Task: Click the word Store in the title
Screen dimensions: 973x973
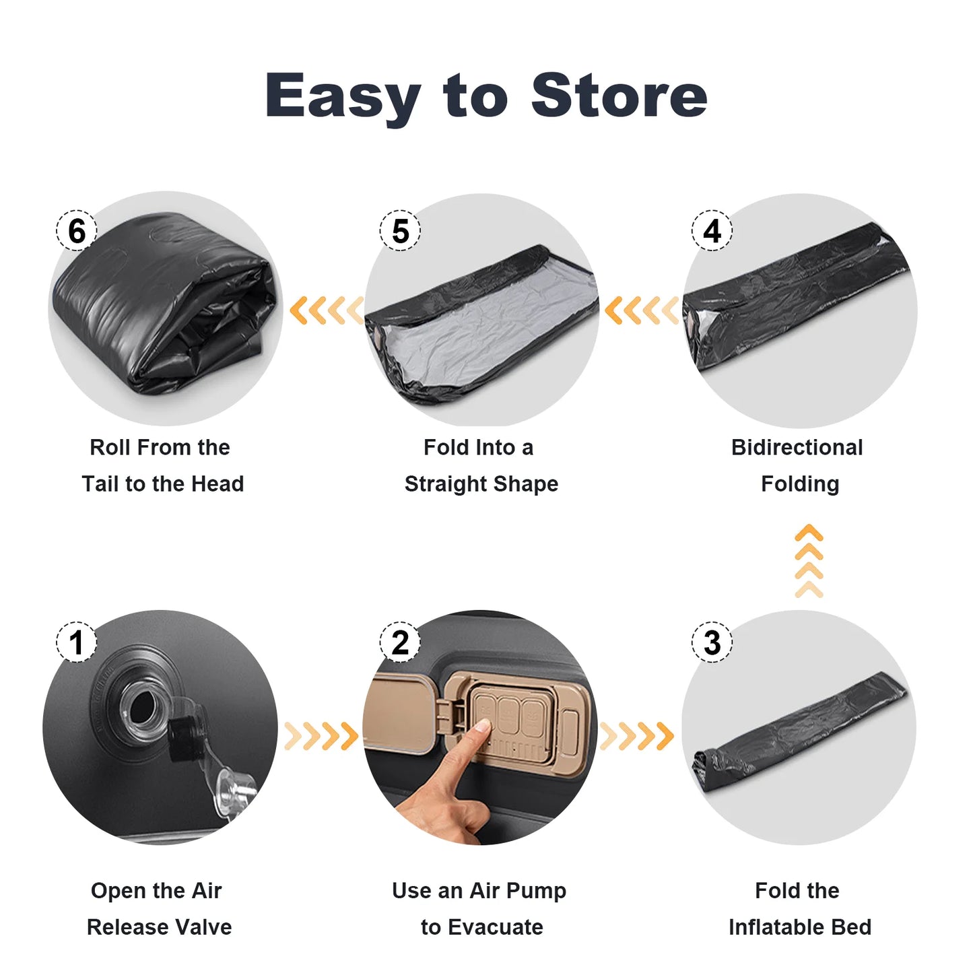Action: [x=619, y=96]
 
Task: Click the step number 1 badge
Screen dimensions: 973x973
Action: [x=76, y=642]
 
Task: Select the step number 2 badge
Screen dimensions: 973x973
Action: [x=400, y=642]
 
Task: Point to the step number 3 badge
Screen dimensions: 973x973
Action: [x=712, y=642]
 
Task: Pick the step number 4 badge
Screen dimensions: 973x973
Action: [x=712, y=231]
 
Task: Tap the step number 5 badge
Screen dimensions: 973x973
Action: [x=400, y=231]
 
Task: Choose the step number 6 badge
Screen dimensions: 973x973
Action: [x=76, y=231]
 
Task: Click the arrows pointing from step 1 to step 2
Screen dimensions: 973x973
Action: [x=321, y=736]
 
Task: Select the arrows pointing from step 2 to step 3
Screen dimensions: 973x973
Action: [x=636, y=736]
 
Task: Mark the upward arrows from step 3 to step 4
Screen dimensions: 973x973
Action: [x=809, y=561]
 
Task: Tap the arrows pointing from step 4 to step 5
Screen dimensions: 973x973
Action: [x=642, y=311]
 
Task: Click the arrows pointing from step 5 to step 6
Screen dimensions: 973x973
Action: [x=327, y=311]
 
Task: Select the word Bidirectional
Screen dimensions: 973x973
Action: [x=797, y=448]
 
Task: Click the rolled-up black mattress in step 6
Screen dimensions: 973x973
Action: [x=165, y=303]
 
